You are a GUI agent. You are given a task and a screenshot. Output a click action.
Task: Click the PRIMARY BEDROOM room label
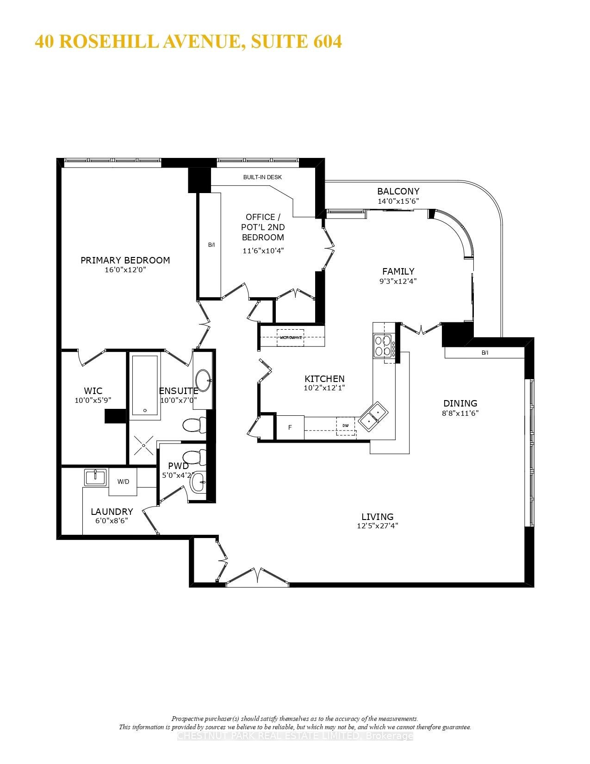(x=125, y=260)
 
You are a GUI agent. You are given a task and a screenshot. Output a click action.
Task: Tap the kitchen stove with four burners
(x=383, y=345)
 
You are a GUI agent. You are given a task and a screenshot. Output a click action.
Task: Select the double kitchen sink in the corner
(x=373, y=415)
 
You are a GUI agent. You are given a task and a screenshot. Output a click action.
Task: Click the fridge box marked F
(x=290, y=427)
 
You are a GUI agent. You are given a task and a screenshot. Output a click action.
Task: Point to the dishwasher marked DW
(x=346, y=426)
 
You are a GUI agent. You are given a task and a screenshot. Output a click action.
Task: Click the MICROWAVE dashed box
(x=291, y=338)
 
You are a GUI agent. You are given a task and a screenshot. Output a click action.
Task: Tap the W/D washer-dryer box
(x=123, y=482)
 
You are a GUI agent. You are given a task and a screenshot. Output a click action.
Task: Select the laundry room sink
(x=95, y=477)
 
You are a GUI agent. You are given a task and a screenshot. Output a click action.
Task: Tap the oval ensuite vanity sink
(x=203, y=381)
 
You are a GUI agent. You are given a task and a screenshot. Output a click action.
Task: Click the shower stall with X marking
(x=143, y=445)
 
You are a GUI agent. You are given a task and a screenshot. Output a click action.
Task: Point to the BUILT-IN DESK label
(x=262, y=177)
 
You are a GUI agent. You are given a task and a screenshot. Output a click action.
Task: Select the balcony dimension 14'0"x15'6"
(x=398, y=201)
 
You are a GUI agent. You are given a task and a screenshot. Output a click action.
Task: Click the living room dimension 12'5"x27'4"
(x=377, y=526)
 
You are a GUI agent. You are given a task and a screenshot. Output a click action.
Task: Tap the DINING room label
(x=460, y=403)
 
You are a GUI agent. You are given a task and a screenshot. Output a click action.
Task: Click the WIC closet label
(x=93, y=391)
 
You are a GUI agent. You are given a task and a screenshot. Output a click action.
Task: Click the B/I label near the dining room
(x=484, y=353)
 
